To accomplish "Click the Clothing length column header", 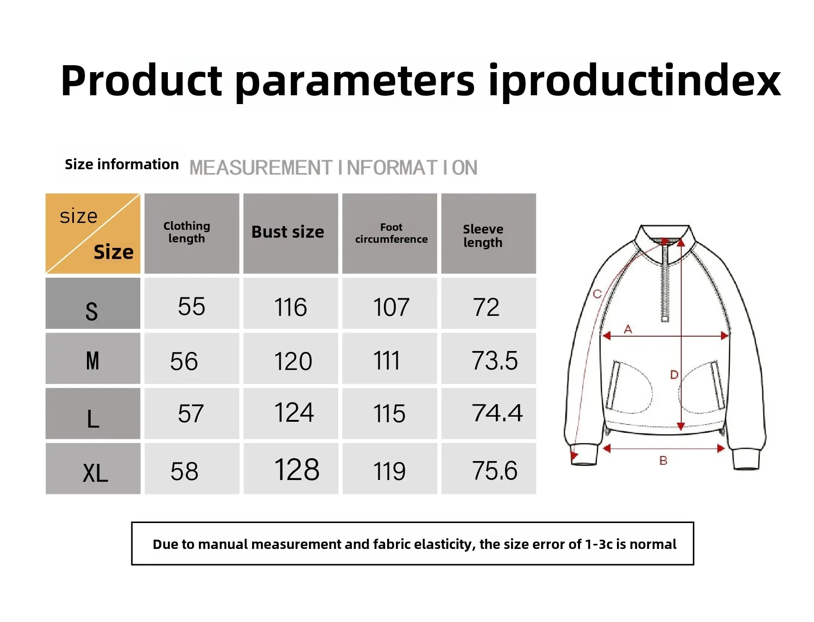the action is (187, 232).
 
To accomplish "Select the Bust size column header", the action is (288, 232).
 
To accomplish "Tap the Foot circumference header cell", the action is (391, 233).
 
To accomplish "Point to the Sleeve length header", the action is (483, 236).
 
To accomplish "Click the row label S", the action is (92, 311).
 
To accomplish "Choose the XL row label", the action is (95, 473).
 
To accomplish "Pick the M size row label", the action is (92, 361).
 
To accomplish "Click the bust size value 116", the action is (290, 307).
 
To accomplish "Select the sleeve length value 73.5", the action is (494, 361).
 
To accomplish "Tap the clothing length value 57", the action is (191, 413).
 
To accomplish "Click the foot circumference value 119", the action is (389, 471).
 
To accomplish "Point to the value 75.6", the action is (494, 471).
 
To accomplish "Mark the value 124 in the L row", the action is (294, 412).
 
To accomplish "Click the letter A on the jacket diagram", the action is (628, 329).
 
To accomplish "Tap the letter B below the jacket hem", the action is (663, 461).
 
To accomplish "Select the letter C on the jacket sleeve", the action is (597, 294).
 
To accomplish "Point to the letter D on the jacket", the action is (674, 375).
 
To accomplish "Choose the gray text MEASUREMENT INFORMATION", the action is (333, 167).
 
